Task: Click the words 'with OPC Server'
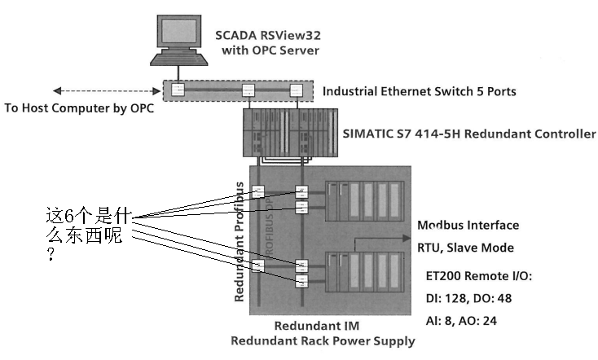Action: click(x=270, y=50)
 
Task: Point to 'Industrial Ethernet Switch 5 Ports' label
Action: click(x=419, y=91)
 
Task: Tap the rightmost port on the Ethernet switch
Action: click(x=295, y=90)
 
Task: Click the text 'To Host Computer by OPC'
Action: click(x=79, y=108)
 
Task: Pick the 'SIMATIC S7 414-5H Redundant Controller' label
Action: click(x=469, y=134)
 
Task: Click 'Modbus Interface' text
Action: click(x=468, y=225)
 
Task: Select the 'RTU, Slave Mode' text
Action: click(x=465, y=248)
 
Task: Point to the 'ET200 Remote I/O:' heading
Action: click(x=479, y=277)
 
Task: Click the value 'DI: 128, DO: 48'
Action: click(x=473, y=299)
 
